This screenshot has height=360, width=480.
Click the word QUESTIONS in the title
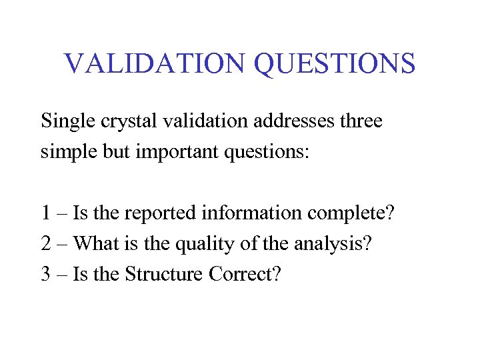pos(335,63)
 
